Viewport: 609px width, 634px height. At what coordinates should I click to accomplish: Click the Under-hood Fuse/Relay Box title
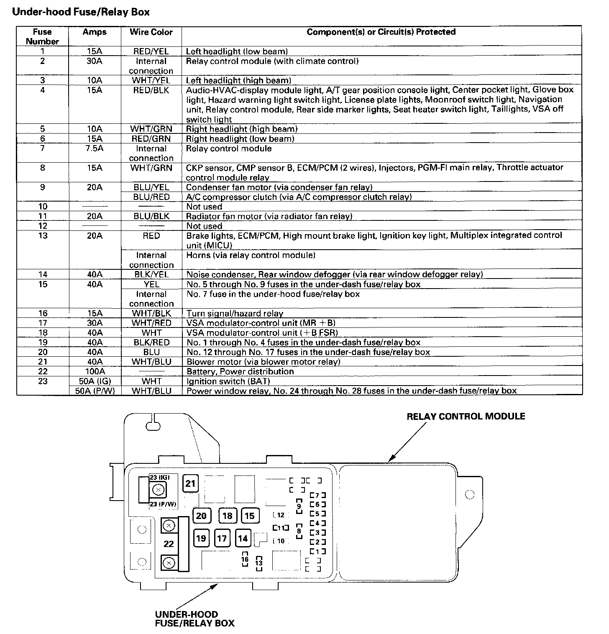[81, 12]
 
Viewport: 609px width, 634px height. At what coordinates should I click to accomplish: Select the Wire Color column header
[151, 32]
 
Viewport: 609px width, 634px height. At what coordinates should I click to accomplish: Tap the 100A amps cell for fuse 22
[95, 371]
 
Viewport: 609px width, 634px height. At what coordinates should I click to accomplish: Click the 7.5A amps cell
[95, 148]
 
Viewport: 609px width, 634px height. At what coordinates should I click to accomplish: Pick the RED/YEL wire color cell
[151, 51]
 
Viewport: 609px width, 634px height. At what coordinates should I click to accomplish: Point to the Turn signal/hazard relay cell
[235, 313]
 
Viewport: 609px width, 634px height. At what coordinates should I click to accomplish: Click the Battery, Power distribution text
[240, 371]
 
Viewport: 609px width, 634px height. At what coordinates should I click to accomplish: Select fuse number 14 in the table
[42, 274]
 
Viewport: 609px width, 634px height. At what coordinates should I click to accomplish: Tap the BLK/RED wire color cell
[151, 343]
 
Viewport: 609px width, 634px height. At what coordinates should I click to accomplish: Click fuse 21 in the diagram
[190, 484]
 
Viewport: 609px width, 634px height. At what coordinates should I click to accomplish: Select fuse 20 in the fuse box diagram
[201, 516]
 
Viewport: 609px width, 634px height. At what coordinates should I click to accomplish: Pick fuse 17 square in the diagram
[222, 538]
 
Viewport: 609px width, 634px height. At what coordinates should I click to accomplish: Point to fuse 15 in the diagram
[250, 516]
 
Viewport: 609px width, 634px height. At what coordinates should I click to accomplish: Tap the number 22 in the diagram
[169, 544]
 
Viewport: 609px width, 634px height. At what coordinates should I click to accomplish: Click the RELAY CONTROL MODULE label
[466, 417]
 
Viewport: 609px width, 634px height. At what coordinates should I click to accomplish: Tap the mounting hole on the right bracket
[470, 495]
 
